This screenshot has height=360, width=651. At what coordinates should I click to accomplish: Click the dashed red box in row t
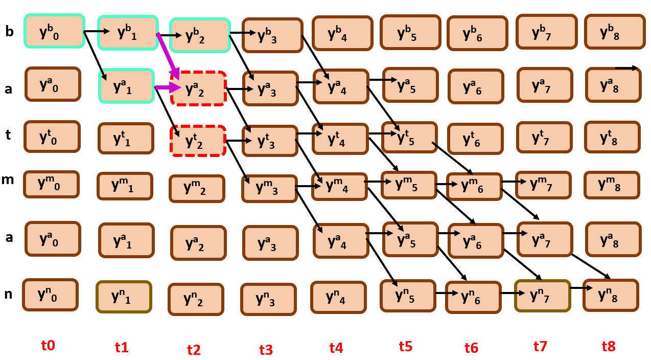click(x=198, y=141)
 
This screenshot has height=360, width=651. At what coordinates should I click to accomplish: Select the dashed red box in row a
click(x=198, y=88)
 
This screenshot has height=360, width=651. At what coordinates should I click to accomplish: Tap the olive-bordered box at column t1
click(x=124, y=297)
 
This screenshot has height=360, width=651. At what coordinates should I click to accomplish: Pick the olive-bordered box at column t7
click(x=542, y=296)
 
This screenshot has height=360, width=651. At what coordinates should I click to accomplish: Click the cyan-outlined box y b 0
click(x=54, y=31)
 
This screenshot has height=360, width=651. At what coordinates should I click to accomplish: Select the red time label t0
click(x=48, y=345)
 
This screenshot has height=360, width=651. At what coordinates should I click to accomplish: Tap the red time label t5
click(x=405, y=346)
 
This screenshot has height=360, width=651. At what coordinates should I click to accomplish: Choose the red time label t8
click(x=608, y=346)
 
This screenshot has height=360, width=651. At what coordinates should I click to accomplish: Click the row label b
click(x=9, y=32)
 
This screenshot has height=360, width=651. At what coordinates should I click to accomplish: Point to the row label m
click(x=8, y=179)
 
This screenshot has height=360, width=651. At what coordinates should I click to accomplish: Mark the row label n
click(x=8, y=294)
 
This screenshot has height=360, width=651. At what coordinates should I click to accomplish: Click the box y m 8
click(x=612, y=185)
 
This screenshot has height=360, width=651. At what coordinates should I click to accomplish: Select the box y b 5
click(x=410, y=32)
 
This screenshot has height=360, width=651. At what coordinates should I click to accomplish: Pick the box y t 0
click(x=52, y=137)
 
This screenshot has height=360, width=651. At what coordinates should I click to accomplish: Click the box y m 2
click(x=197, y=189)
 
